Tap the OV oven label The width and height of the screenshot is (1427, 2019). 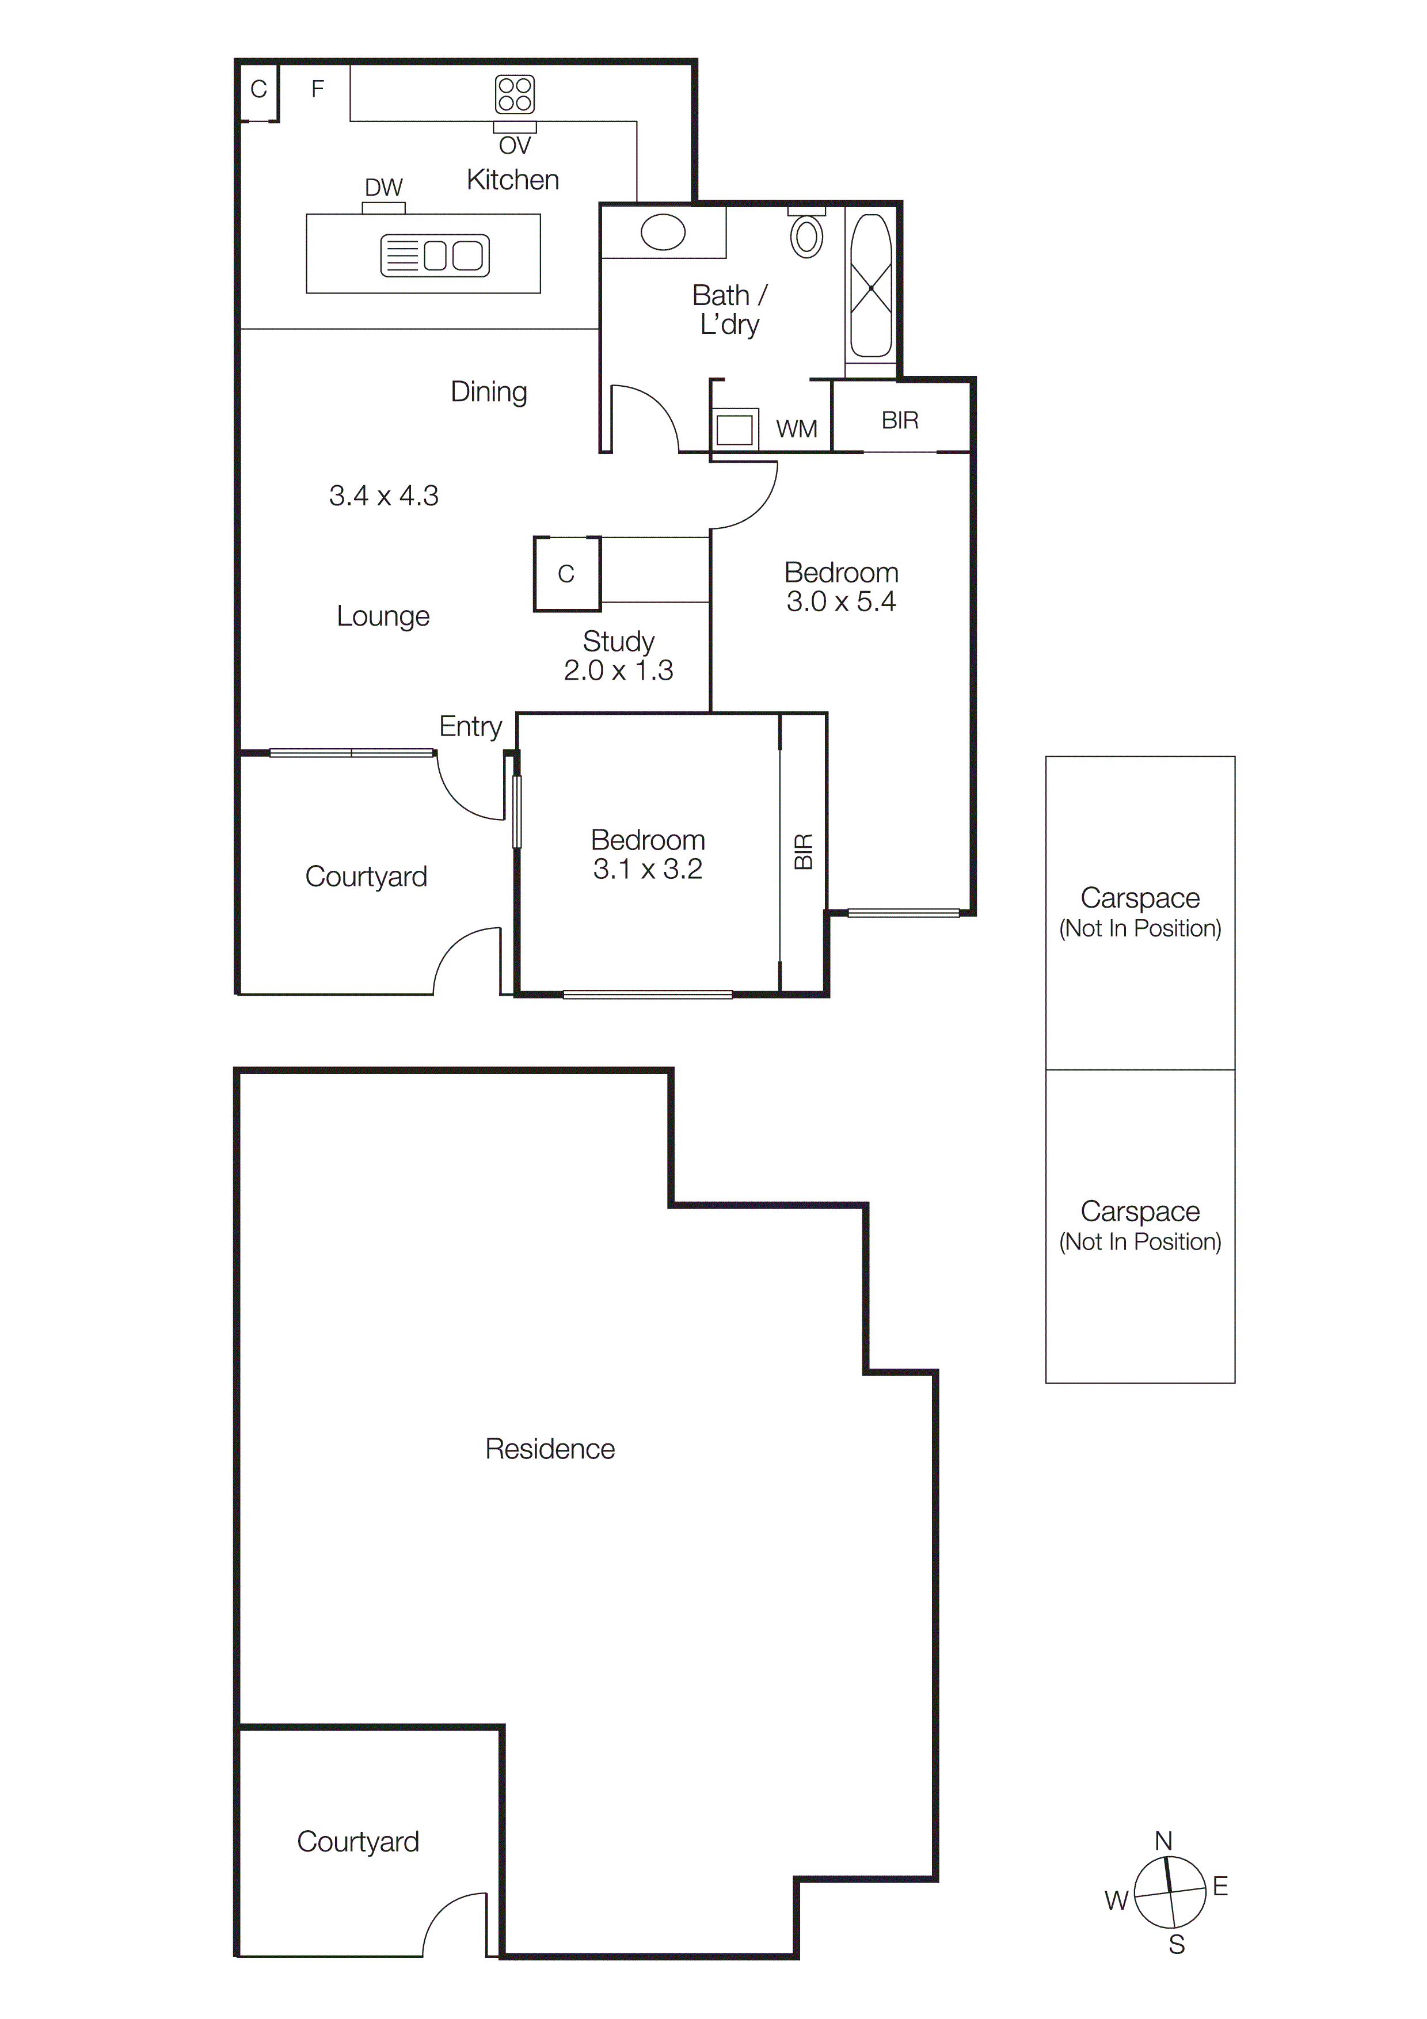pos(515,145)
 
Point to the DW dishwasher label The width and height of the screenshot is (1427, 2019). pos(383,187)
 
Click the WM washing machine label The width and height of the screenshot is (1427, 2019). pos(797,429)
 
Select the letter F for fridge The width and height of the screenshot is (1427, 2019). pos(317,89)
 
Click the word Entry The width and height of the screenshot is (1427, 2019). pos(470,726)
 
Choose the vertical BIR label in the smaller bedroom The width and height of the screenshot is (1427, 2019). pos(804,851)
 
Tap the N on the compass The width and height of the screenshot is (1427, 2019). pos(1163,1841)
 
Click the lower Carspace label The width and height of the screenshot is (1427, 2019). pos(1140,1212)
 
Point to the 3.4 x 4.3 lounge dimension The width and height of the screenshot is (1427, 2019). pos(383,496)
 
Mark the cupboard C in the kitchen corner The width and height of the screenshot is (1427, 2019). pos(258,89)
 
